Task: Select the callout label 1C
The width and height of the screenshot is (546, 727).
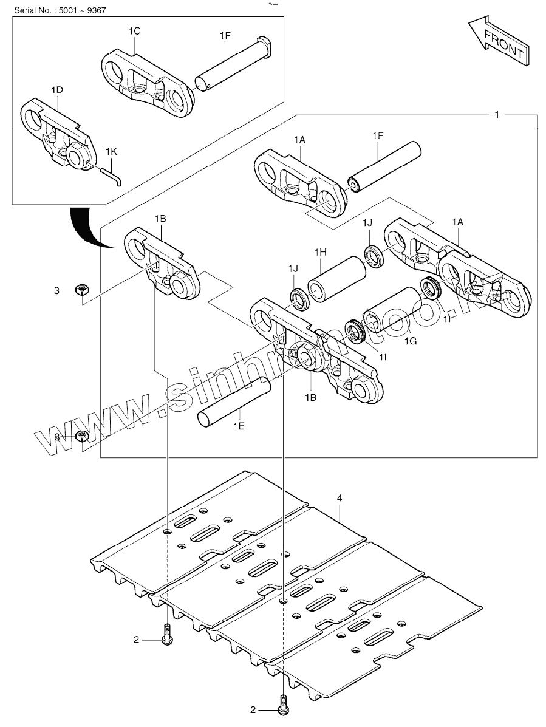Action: coord(134,30)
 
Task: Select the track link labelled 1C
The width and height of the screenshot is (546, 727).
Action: coord(146,81)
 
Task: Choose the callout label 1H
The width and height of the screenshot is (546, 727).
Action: coord(321,252)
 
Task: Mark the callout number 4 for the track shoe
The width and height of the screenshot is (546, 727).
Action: coord(340,498)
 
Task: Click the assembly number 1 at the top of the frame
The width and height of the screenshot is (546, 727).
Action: coord(497,114)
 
